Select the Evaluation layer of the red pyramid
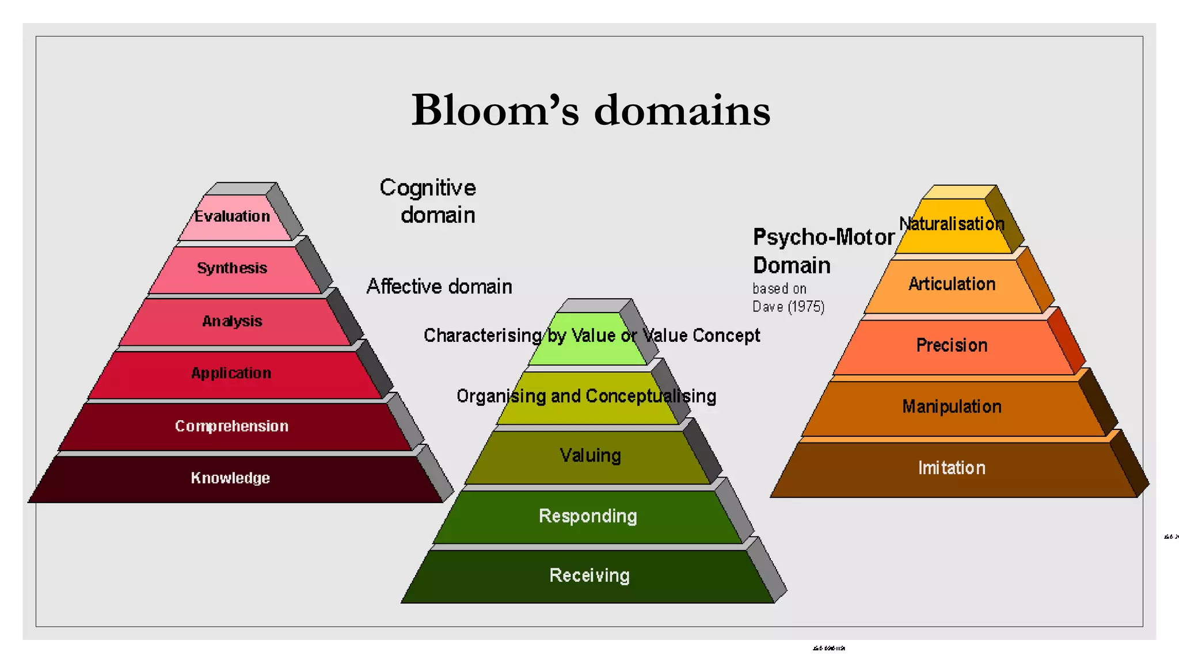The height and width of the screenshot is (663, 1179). pos(233,217)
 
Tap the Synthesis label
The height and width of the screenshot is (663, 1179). pos(232,269)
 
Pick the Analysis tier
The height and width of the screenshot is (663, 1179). pos(232,321)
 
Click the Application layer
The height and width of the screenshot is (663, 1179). pos(231,374)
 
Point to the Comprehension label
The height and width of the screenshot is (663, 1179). pos(231,426)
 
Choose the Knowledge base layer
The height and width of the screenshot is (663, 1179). pos(230,478)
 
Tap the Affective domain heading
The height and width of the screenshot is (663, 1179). pos(439,287)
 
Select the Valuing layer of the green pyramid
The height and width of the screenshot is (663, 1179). pos(590,456)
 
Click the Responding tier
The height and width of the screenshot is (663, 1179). pos(588,516)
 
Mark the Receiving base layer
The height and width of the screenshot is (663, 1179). pos(589,576)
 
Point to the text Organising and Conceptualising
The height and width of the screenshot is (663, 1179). pos(586,397)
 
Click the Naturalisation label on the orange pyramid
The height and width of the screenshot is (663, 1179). pos(952,224)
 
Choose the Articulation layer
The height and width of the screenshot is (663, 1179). pos(952,284)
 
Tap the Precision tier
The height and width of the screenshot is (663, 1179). pos(952,345)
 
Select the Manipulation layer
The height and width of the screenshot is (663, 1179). pos(952,407)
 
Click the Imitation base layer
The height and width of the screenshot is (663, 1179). pos(952,468)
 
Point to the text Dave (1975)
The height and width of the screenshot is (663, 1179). pos(788,307)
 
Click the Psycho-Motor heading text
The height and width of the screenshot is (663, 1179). pos(824,237)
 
